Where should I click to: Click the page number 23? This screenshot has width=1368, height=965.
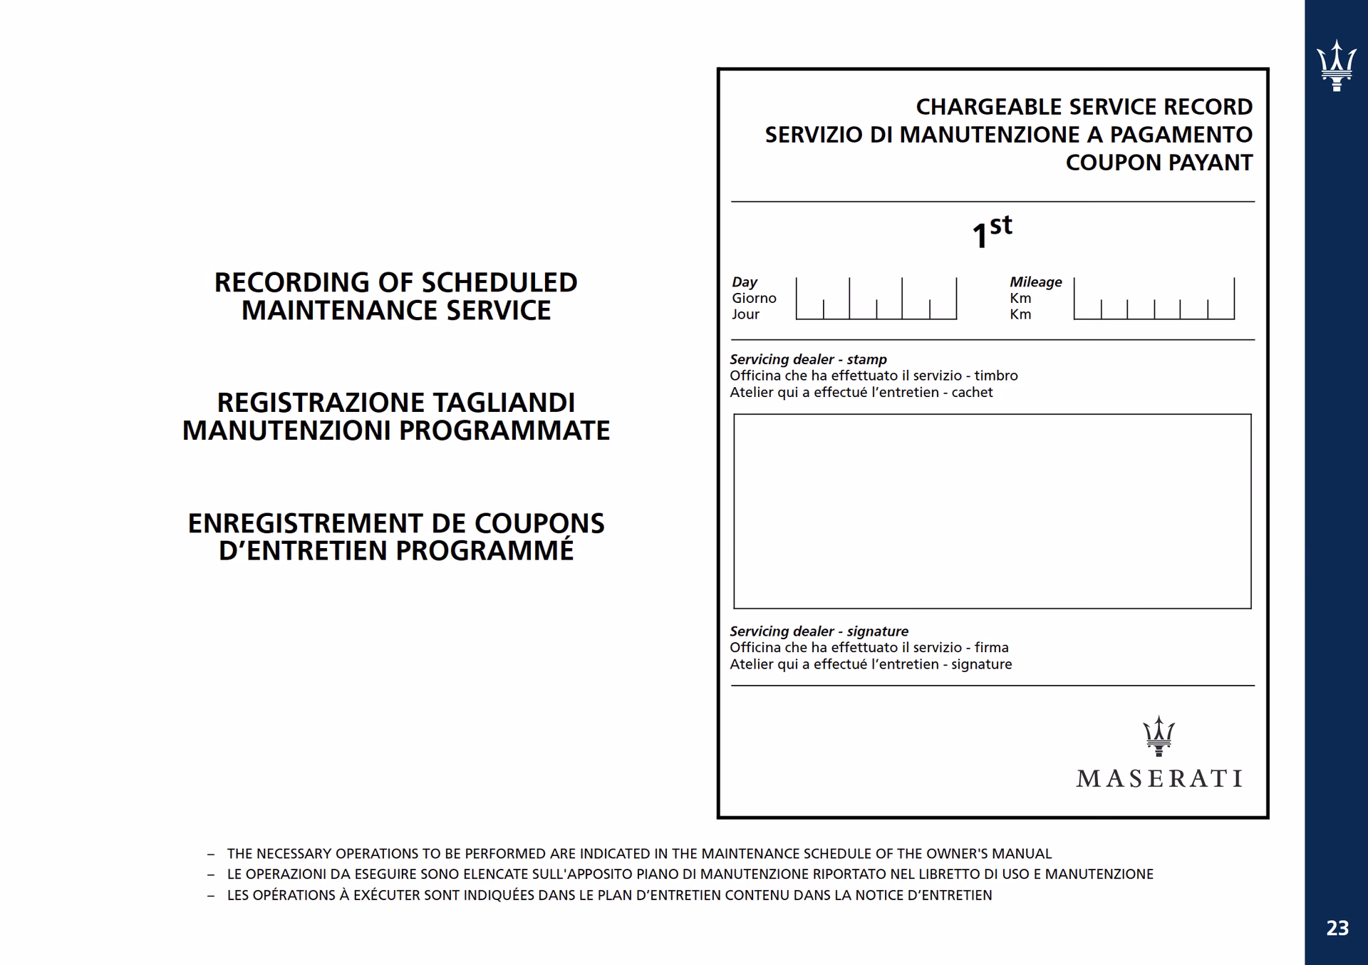1337,928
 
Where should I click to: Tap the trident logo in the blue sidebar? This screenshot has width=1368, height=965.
1336,66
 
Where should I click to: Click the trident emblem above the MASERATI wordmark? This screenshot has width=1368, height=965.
1159,736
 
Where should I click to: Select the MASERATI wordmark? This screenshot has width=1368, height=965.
1159,778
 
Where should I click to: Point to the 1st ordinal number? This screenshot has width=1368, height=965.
991,232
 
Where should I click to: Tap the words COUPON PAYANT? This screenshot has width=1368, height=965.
1159,162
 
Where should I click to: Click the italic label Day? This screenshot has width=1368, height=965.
745,282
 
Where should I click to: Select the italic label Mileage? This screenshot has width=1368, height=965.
1035,282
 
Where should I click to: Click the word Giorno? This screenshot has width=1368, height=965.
754,298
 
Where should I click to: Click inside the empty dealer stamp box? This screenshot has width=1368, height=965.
992,511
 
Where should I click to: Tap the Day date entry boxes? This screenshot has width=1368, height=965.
876,299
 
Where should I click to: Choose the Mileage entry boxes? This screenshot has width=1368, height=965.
1154,299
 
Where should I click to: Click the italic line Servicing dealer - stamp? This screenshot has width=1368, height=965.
808,359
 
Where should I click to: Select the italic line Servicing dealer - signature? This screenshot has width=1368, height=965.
819,631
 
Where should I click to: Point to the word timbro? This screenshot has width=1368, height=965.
996,376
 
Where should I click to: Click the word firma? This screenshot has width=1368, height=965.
992,648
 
